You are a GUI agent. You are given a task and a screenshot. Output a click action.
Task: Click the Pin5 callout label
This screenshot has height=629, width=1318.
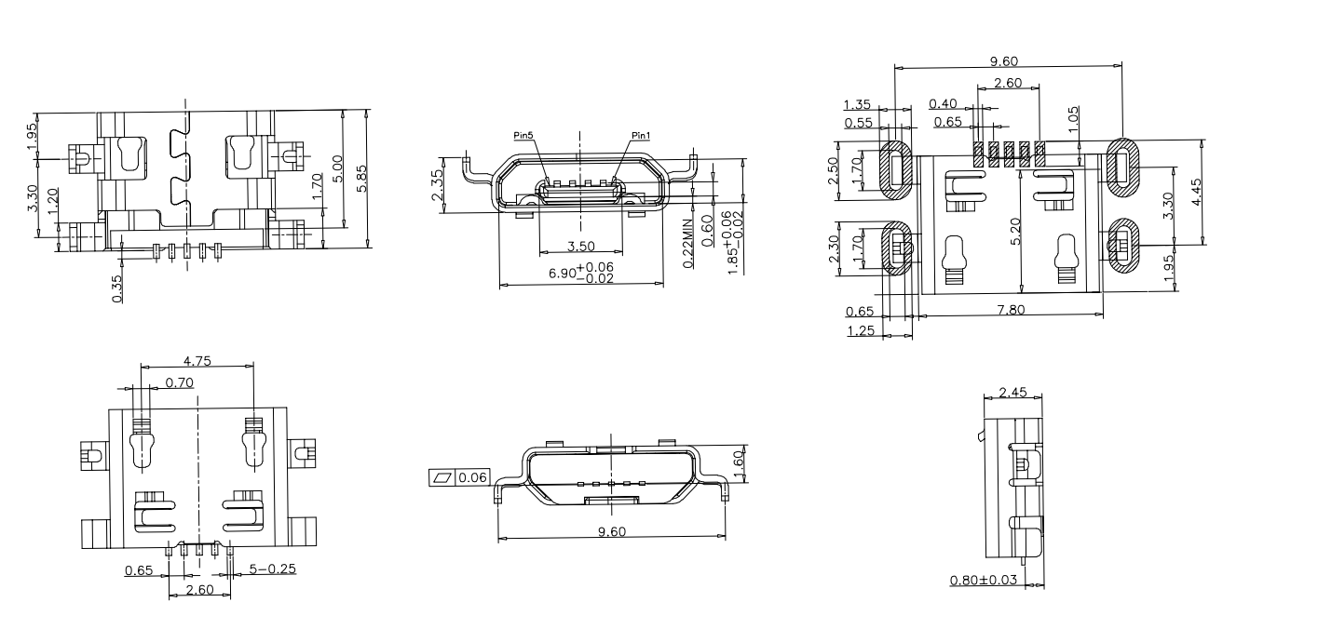coord(523,136)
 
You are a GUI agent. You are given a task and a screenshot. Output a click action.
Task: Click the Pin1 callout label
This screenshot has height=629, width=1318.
coord(640,136)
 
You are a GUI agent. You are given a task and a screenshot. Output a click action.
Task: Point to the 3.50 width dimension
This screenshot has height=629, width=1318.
coord(581,247)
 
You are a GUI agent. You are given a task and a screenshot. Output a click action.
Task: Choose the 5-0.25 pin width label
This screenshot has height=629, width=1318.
coord(270,568)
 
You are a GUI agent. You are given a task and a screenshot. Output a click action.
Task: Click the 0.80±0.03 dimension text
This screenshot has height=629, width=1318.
coord(983,581)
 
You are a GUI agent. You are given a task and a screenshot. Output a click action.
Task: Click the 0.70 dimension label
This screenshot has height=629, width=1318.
coord(180,381)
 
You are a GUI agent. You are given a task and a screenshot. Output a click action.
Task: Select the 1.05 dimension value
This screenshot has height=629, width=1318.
coord(1073,118)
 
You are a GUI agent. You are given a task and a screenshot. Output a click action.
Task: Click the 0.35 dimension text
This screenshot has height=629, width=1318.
coord(116,289)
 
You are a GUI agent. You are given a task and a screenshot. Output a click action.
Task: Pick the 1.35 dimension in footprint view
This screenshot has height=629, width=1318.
coord(858,104)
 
